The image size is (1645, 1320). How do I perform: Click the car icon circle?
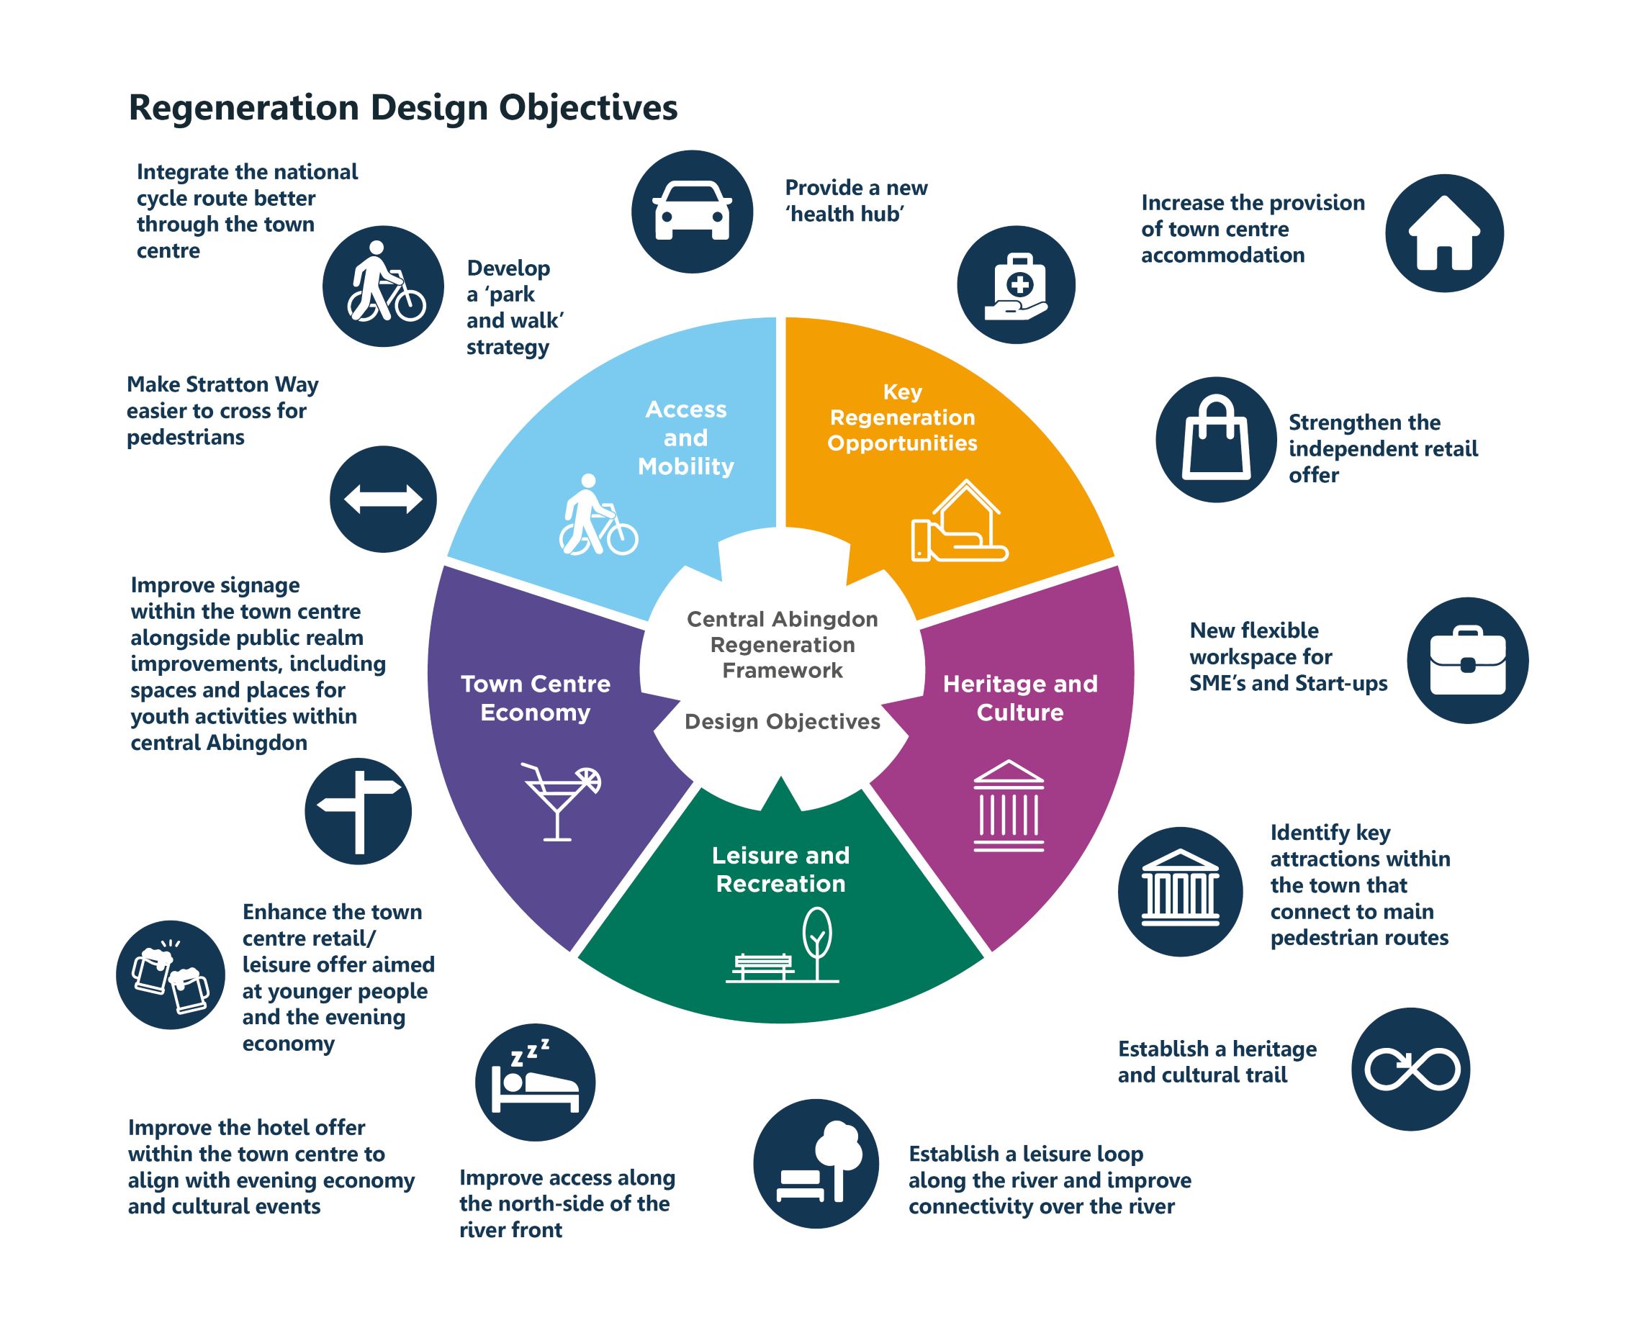[x=691, y=212]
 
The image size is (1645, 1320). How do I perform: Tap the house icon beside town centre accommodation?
[x=1443, y=232]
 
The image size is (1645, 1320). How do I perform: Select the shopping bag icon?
[x=1215, y=439]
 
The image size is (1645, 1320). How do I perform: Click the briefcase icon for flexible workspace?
[x=1467, y=660]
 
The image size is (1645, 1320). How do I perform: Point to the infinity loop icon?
[x=1410, y=1069]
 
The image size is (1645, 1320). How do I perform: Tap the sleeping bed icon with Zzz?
[x=535, y=1082]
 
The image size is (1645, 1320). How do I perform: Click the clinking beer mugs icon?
[x=170, y=975]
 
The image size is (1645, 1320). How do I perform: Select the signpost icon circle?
[x=358, y=811]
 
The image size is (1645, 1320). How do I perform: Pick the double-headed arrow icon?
[x=383, y=499]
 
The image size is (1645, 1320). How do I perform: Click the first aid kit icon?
[x=1017, y=284]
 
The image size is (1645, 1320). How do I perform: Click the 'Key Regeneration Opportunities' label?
[x=902, y=417]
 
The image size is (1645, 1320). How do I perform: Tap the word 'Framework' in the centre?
[x=782, y=671]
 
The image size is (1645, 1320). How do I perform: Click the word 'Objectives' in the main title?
[x=587, y=107]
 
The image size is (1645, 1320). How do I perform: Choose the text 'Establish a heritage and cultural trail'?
[x=1216, y=1062]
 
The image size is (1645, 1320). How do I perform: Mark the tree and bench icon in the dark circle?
[x=816, y=1164]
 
